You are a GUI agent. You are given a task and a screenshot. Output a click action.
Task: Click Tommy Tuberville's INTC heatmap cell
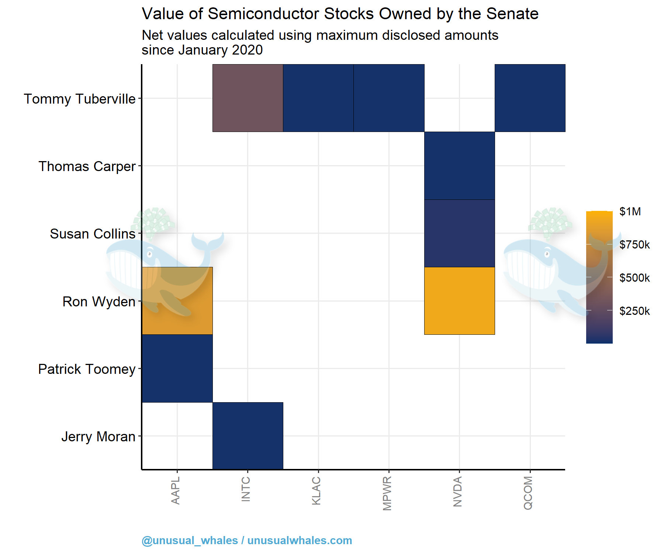coord(248,98)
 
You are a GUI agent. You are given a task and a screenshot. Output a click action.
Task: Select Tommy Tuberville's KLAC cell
coord(318,98)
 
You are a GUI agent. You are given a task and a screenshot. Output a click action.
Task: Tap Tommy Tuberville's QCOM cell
coord(530,98)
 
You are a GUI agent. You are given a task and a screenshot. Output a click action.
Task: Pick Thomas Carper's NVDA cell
coord(459,166)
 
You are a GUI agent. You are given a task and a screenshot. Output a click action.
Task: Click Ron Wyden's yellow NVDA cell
coord(459,301)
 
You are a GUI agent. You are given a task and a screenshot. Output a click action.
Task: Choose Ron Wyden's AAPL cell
coord(177,301)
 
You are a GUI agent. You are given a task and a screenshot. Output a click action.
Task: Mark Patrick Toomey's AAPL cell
coord(177,368)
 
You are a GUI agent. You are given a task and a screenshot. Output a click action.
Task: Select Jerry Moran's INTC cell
coord(248,436)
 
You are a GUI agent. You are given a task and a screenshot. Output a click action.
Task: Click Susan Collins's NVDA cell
coord(459,233)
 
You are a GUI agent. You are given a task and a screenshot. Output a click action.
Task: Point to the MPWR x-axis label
coord(387,493)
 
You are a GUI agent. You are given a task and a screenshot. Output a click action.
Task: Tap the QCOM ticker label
coord(528,493)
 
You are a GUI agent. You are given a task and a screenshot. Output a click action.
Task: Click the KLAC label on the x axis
coord(316,491)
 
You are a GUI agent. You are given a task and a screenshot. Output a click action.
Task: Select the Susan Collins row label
coord(93,234)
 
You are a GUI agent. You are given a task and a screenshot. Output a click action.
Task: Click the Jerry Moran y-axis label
coord(98,437)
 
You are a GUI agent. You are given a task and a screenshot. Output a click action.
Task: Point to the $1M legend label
coord(630,212)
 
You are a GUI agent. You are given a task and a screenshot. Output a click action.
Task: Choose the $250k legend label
coord(634,311)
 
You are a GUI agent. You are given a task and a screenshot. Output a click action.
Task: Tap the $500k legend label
coord(634,278)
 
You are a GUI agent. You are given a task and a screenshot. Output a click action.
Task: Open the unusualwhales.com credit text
coord(300,540)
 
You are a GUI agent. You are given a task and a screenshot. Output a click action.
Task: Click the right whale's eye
coord(548,254)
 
